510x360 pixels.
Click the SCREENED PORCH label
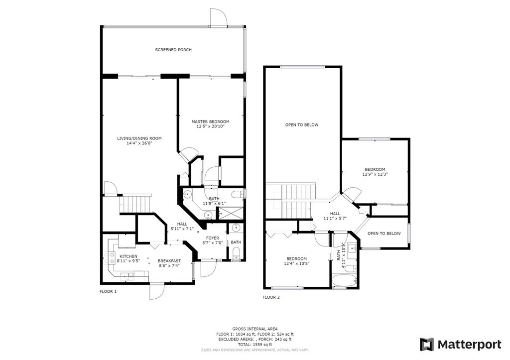click(x=173, y=50)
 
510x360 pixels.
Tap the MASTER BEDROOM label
click(x=210, y=121)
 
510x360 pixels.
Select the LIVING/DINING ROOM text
click(x=139, y=138)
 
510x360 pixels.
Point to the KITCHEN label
click(x=128, y=256)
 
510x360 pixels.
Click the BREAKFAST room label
click(x=169, y=261)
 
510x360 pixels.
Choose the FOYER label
click(x=212, y=238)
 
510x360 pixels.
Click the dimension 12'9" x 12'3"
click(x=375, y=174)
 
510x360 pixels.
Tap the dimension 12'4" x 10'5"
click(x=296, y=263)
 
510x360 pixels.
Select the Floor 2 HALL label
click(x=335, y=214)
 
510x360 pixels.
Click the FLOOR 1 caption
click(x=108, y=291)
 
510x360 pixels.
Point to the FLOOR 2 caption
click(x=271, y=297)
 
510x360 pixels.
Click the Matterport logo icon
click(x=427, y=345)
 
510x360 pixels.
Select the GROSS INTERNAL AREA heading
click(x=255, y=329)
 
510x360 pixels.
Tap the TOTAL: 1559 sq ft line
click(x=255, y=345)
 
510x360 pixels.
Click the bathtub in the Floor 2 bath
click(x=345, y=281)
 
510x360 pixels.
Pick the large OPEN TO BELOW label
click(x=302, y=124)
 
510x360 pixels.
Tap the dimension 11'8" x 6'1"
click(x=214, y=203)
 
